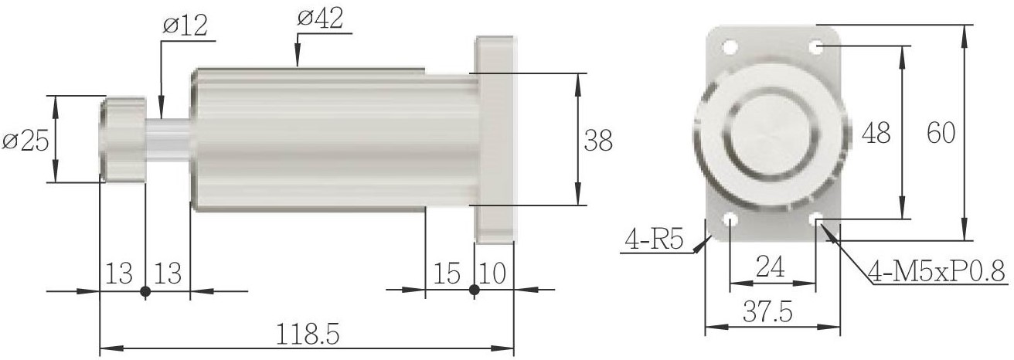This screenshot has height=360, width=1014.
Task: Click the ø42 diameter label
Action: pos(321,19)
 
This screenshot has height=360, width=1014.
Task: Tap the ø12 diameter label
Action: pos(185,25)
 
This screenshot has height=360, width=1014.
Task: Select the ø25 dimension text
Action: pos(26,141)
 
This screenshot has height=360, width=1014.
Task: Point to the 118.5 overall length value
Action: pos(308,335)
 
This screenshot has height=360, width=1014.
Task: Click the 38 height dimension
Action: pos(598,140)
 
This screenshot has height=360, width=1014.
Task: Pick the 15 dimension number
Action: pos(447,273)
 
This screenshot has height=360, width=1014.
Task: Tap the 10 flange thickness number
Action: pos(492,273)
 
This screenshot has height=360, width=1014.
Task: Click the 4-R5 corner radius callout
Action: pos(653,239)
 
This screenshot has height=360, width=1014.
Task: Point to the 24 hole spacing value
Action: pos(770,267)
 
